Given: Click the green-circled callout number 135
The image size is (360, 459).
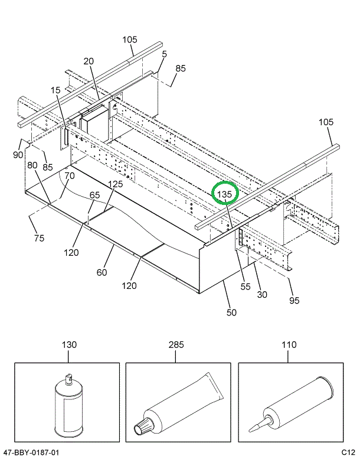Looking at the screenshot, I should coord(225,194).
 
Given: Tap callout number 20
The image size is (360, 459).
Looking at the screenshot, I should coord(89,61).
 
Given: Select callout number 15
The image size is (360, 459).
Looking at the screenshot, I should coord(55,90).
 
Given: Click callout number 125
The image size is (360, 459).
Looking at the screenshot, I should coord(115,184).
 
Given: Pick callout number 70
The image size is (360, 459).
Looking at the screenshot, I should coord(70,175).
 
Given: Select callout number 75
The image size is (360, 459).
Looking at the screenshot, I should coord(39,239).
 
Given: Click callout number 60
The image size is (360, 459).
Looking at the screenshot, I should coord(102,272).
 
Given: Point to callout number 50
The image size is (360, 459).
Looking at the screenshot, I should coord(231,312).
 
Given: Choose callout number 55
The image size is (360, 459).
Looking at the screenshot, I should coord(246,287).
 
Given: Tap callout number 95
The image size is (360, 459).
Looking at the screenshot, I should coord(294,300).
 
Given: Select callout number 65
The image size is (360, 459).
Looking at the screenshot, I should coord(94,195).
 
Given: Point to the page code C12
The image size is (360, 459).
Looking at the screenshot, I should coord(346,453).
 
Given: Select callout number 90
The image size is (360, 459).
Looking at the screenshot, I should coord(18,155).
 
